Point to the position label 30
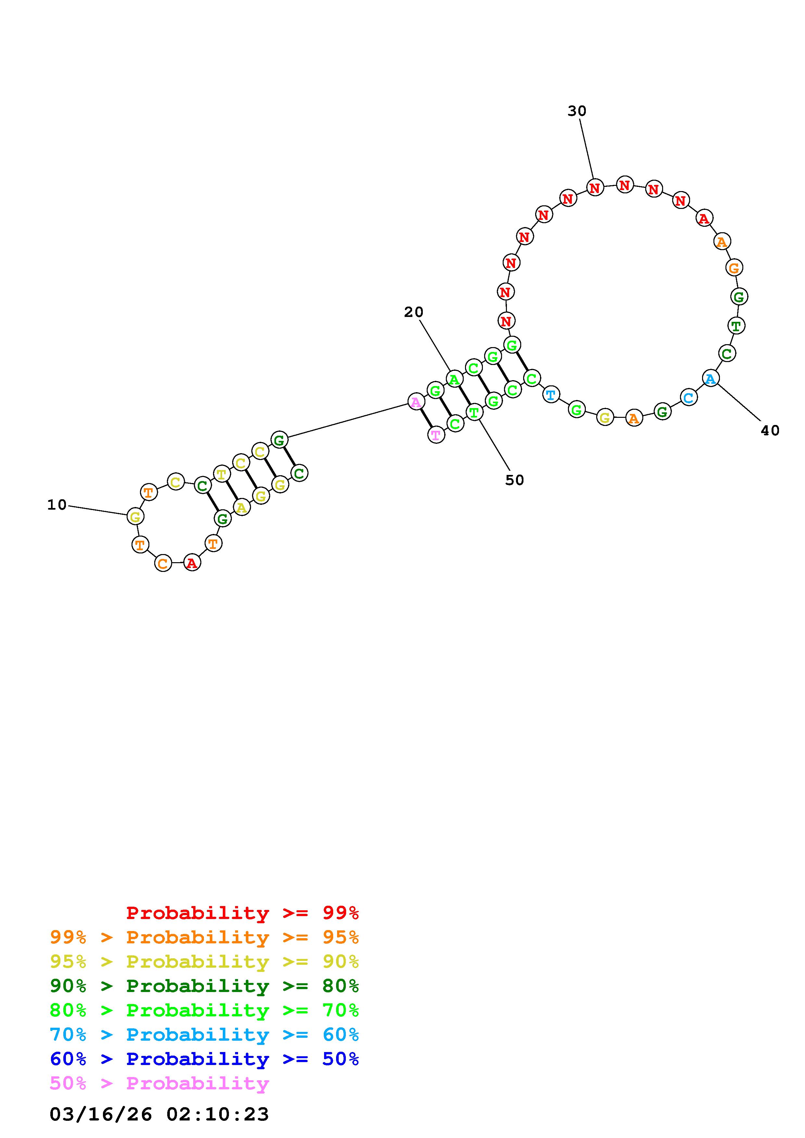577,111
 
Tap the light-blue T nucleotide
550,395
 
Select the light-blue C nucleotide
688,397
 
